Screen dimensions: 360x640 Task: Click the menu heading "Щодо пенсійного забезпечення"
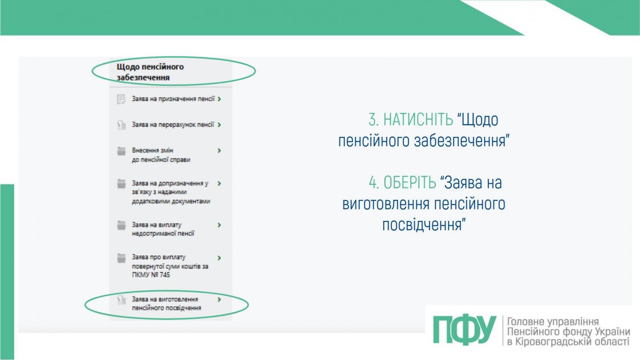pos(150,72)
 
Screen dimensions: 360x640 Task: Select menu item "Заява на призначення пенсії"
pos(173,99)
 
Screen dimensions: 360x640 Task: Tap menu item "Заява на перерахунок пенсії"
pos(173,125)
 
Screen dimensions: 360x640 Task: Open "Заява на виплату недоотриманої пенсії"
pos(163,229)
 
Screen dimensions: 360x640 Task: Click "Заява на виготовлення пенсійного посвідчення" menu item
pos(166,304)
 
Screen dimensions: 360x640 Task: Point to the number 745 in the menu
pos(164,275)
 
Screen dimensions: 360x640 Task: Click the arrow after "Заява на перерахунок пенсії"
pos(220,125)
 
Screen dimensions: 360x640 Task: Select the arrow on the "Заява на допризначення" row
pos(220,183)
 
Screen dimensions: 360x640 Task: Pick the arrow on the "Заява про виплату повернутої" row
pos(220,257)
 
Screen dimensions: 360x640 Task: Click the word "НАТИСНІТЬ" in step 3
pos(418,120)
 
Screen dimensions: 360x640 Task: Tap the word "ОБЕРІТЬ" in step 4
pos(410,182)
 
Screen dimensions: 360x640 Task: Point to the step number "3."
pos(373,120)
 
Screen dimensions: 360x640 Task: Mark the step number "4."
pos(374,182)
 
